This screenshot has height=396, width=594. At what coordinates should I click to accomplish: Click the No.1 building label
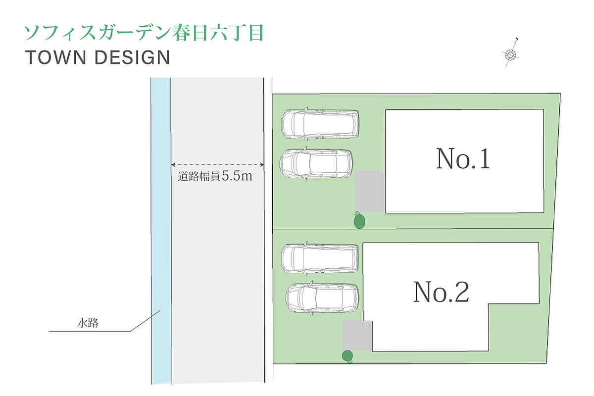[x=463, y=159]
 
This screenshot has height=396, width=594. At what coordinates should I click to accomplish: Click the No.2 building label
[x=441, y=292]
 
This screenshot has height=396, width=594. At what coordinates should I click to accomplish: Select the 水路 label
[x=88, y=324]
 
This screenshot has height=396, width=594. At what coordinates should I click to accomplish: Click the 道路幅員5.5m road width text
[x=215, y=176]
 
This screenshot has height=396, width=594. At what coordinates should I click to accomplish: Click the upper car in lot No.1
[x=320, y=123]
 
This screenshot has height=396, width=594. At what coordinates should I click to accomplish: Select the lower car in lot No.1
[x=317, y=163]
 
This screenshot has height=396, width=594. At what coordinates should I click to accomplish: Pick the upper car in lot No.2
[x=320, y=258]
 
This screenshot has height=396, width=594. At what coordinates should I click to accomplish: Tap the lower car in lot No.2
[x=322, y=298]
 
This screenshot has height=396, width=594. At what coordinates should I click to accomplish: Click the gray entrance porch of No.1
[x=370, y=191]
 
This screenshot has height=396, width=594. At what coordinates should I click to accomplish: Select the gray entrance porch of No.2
[x=357, y=335]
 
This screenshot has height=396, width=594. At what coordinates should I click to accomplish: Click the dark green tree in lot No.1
[x=359, y=221]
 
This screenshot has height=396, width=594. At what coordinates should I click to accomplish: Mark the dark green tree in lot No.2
[x=347, y=355]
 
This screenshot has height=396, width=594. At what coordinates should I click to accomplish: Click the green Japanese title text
[x=144, y=33]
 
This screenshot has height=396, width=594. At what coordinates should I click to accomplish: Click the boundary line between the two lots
[x=411, y=229]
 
